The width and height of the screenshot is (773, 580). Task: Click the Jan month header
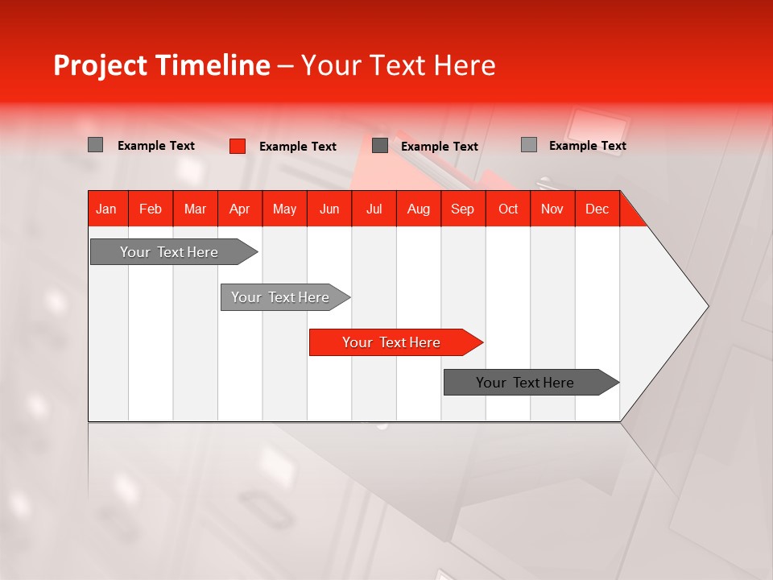point(106,209)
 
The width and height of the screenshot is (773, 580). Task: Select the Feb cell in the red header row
point(151,209)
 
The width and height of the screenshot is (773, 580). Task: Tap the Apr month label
point(239,209)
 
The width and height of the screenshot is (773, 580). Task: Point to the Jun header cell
point(329,209)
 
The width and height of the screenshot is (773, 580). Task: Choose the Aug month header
point(418,209)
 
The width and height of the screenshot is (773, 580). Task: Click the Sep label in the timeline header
point(462,209)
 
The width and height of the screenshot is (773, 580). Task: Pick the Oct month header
point(507,209)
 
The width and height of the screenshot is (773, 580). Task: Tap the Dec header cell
point(597,209)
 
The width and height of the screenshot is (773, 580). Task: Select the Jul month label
point(374,209)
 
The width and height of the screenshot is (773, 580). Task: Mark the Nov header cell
point(552,209)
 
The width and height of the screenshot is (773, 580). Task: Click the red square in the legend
point(237,146)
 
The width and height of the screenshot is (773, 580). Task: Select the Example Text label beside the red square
point(297,147)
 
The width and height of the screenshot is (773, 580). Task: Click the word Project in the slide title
point(100,65)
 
